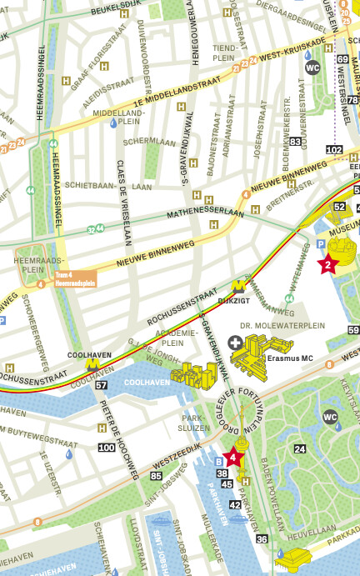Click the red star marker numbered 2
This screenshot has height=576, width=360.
(x=327, y=265)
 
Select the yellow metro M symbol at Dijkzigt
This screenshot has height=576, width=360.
(x=238, y=284)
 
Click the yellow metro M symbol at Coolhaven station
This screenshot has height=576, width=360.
(x=92, y=364)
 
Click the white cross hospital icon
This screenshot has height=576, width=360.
(x=237, y=343)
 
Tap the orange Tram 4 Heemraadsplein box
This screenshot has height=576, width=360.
(x=75, y=279)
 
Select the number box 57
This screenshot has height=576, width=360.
(x=102, y=385)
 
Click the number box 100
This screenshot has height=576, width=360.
(x=107, y=448)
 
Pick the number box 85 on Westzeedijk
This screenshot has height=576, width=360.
(x=156, y=476)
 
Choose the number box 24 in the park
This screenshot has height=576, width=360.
(x=298, y=448)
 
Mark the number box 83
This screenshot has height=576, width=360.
(x=295, y=142)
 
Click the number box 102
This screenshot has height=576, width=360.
(x=334, y=150)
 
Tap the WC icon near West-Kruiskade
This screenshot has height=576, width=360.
(x=312, y=68)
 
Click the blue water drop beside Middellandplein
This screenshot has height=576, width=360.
(x=113, y=123)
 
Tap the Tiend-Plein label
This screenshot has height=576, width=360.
(x=225, y=53)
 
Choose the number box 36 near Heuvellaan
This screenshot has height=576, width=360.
(x=262, y=539)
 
